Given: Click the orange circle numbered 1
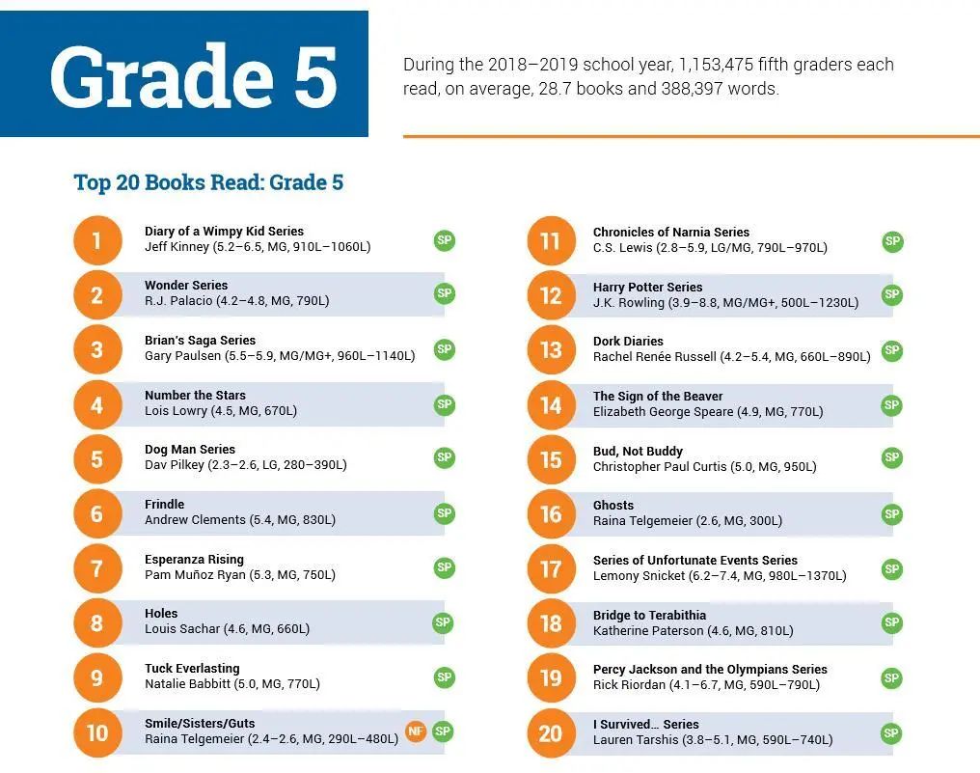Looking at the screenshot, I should coord(97,239).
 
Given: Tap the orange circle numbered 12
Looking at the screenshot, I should coord(551,295).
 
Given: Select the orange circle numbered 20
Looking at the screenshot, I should coord(551,733).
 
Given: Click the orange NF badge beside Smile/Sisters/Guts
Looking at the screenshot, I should coord(416,732).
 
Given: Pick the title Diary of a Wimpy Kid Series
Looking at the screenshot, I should coord(224,232).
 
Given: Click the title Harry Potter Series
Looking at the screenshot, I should coord(647,287).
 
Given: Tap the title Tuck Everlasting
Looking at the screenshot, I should coord(192,669).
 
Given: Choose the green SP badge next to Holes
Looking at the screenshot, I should coord(444,622).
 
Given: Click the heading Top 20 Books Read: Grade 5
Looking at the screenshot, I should coord(208,182).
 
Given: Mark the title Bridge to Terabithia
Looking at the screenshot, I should coord(649,616).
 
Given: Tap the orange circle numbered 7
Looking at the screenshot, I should coord(97,568).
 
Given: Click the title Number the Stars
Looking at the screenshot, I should coord(195,396).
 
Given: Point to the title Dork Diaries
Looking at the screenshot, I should coord(628,342).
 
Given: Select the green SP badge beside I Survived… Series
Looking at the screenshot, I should coord(892,733).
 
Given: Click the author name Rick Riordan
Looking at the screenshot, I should coord(629,685).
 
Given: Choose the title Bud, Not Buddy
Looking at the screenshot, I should coord(638,451).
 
